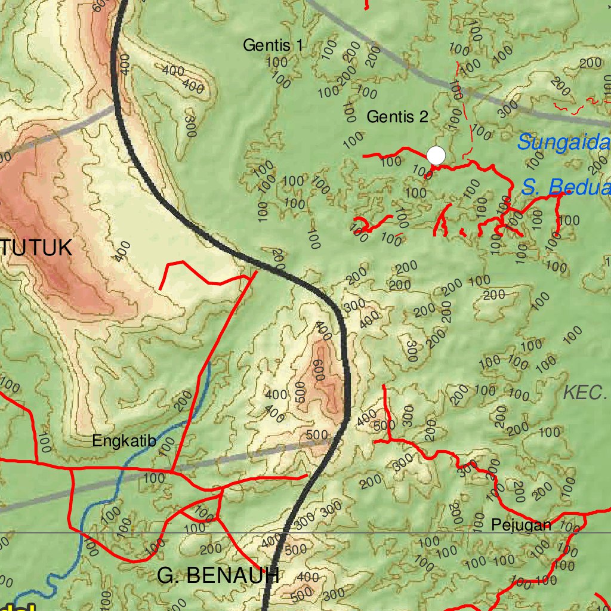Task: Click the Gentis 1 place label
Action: pyautogui.click(x=273, y=45)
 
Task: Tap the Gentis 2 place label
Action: pyautogui.click(x=397, y=116)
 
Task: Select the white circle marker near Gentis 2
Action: pyautogui.click(x=437, y=155)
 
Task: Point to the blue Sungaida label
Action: pyautogui.click(x=564, y=143)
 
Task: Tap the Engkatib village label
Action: pyautogui.click(x=124, y=442)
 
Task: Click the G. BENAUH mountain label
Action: pyautogui.click(x=218, y=576)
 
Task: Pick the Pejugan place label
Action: pyautogui.click(x=521, y=525)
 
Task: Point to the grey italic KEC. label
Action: pyautogui.click(x=585, y=392)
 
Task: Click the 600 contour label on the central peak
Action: pyautogui.click(x=318, y=370)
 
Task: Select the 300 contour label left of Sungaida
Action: pyautogui.click(x=508, y=109)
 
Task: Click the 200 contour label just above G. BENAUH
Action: pyautogui.click(x=211, y=549)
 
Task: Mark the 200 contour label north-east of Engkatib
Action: pyautogui.click(x=183, y=400)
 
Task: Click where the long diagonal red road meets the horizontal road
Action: pyautogui.click(x=172, y=472)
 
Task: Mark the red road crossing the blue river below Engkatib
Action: pyautogui.click(x=122, y=469)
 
